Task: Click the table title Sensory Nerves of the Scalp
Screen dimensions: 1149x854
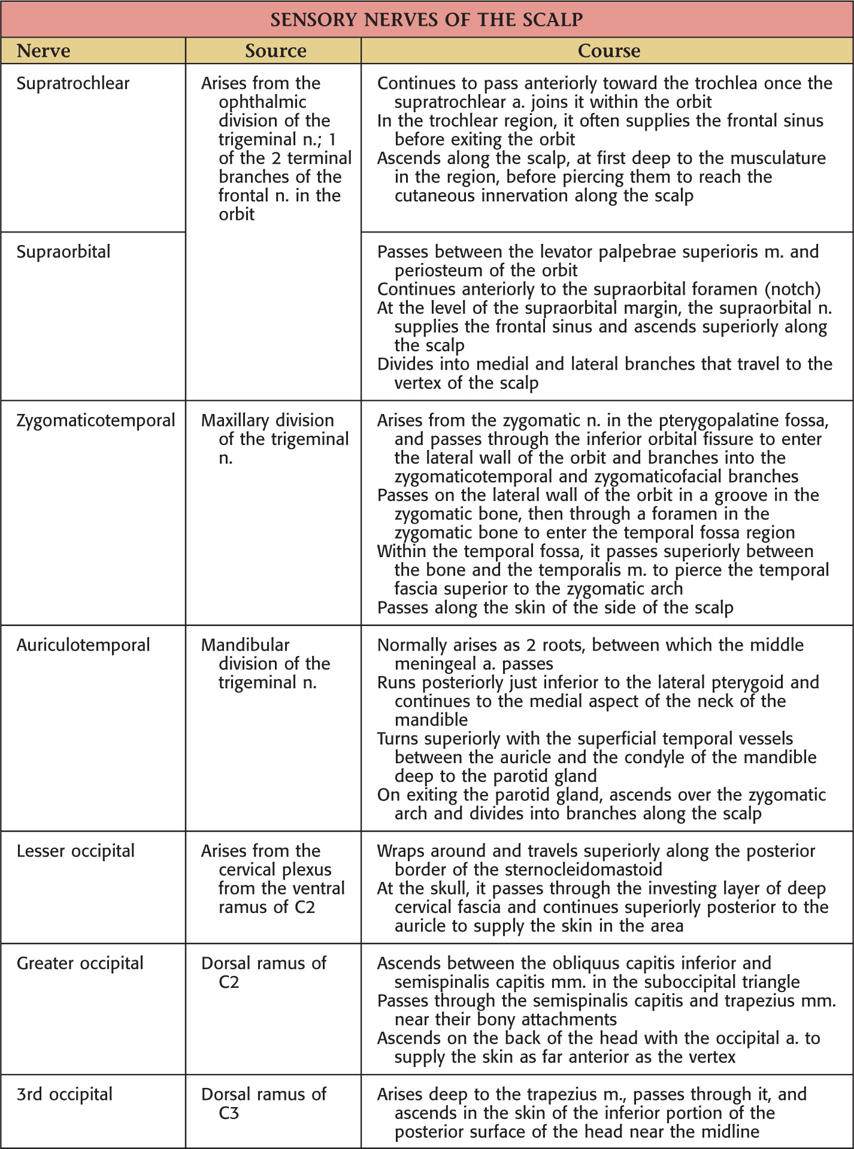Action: [x=426, y=20]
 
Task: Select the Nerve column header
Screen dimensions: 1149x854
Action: [x=43, y=51]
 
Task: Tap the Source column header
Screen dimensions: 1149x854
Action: [x=275, y=51]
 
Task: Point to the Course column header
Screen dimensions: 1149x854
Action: [x=608, y=51]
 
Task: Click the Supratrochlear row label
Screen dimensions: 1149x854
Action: [x=73, y=83]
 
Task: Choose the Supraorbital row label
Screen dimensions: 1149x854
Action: [x=63, y=252]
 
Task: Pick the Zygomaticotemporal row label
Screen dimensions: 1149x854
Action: [x=96, y=421]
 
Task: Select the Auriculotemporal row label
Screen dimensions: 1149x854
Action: [x=83, y=645]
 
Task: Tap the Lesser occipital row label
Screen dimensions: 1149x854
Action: [x=75, y=851]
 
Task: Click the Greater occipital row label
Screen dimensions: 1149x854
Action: [x=80, y=963]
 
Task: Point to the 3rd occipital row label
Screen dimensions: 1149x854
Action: [x=65, y=1094]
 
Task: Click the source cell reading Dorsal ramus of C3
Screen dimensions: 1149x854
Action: [x=264, y=1103]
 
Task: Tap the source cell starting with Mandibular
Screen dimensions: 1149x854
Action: [x=265, y=664]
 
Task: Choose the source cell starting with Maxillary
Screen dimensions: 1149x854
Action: [x=275, y=439]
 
